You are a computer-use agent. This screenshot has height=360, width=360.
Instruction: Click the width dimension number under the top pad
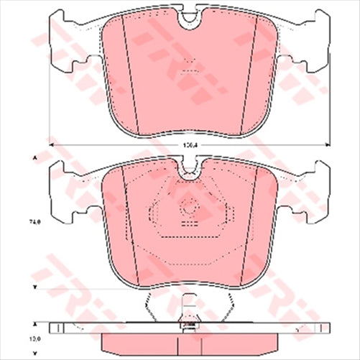189,146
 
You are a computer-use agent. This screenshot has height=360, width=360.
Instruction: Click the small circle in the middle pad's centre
190,211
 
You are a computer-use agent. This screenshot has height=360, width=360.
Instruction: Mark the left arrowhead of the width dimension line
52,146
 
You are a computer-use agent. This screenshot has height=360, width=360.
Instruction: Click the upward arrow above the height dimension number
33,157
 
